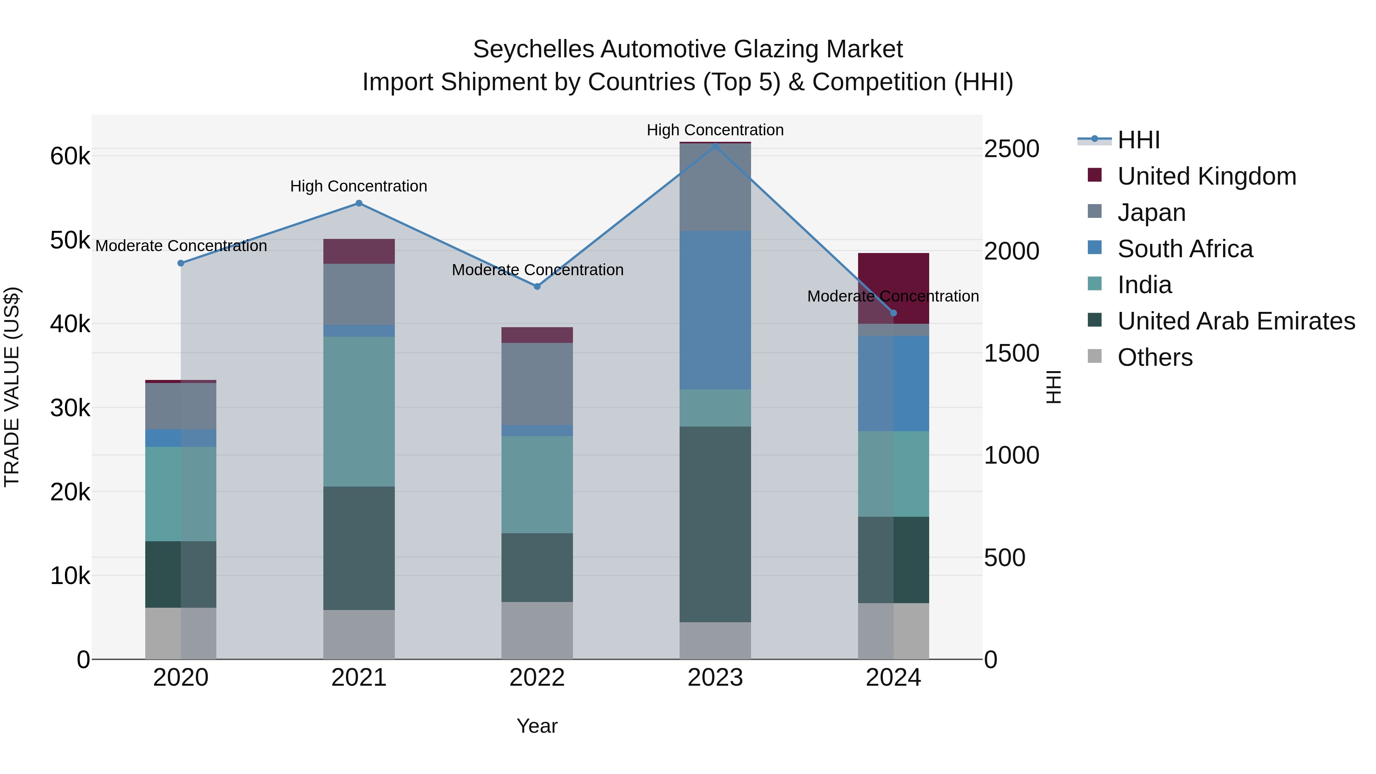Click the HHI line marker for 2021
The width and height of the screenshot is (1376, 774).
tap(359, 203)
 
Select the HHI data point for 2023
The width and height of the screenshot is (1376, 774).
tap(715, 145)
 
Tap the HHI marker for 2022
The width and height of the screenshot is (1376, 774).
tap(537, 286)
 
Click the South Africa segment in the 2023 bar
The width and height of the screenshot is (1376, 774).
tap(715, 310)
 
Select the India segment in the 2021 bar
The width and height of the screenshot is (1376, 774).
tap(359, 411)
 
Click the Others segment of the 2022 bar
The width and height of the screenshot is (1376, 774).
tap(537, 630)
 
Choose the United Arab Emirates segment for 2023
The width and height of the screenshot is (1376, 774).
tap(715, 524)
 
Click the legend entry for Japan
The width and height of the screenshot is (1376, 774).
tap(1151, 213)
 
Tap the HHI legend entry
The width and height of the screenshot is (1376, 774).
tap(1138, 140)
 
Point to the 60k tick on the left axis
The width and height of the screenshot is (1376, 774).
tap(70, 156)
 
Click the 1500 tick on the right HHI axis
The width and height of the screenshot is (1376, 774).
tap(1011, 354)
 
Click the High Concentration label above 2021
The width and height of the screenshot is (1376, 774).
tap(359, 187)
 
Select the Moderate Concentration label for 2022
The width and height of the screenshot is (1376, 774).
tap(537, 270)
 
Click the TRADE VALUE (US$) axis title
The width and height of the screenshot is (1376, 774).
tap(12, 387)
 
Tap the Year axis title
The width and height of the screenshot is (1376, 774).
tap(537, 726)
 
